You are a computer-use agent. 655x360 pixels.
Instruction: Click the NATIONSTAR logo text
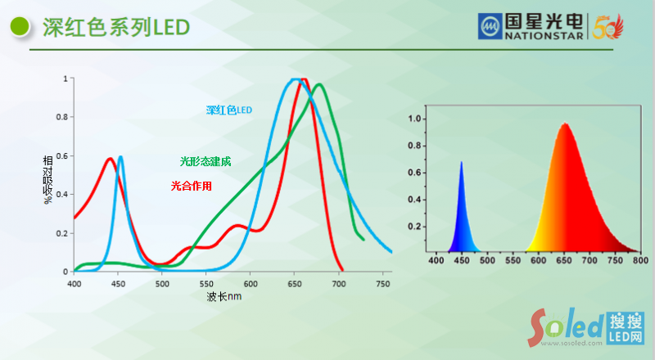[544, 36]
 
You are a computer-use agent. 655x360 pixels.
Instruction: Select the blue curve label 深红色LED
[229, 110]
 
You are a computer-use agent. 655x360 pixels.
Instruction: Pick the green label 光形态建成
[206, 162]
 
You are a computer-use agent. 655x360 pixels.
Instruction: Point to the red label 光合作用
[192, 186]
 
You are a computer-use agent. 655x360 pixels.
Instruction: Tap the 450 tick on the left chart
[119, 284]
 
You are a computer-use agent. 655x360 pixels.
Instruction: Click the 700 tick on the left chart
[339, 284]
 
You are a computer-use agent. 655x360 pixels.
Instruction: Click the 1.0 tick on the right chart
[416, 119]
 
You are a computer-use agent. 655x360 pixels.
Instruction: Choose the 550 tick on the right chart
[513, 260]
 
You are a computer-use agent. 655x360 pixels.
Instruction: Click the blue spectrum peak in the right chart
[461, 163]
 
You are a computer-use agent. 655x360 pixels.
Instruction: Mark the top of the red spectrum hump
[564, 124]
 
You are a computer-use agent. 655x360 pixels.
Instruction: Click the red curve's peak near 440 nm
[110, 159]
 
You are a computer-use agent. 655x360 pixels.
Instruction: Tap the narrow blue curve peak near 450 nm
[121, 156]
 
